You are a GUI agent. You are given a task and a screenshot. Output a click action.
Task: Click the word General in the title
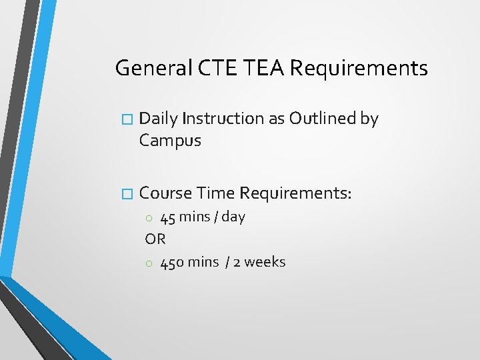pos(151,68)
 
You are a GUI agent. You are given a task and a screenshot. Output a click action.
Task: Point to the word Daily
pos(159,119)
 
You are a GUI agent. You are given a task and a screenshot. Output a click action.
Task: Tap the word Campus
pos(170,141)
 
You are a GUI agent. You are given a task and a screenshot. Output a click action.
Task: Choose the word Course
pos(164,193)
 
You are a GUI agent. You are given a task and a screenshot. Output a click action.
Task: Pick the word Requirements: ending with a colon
pos(295,193)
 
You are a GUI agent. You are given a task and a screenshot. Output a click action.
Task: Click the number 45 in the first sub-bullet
pos(168,217)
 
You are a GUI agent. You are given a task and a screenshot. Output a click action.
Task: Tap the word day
pos(233,217)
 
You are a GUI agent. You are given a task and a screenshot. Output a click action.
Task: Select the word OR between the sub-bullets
pos(155,239)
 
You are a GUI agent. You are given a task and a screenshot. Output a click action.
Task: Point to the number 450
pos(172,262)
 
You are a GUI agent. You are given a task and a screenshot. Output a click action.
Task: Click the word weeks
pos(265,262)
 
